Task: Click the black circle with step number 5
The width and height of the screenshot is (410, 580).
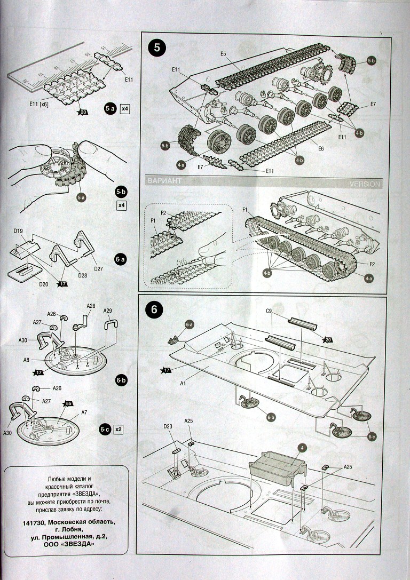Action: [x=156, y=47]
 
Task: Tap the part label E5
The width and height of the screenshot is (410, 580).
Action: [x=223, y=54]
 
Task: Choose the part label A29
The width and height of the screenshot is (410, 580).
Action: [x=107, y=311]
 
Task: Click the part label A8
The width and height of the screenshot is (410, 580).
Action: [x=27, y=360]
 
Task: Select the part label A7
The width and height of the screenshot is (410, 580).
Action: [x=84, y=412]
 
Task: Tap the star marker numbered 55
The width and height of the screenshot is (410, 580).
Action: [x=68, y=403]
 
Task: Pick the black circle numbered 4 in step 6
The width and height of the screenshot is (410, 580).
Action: [x=302, y=447]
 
